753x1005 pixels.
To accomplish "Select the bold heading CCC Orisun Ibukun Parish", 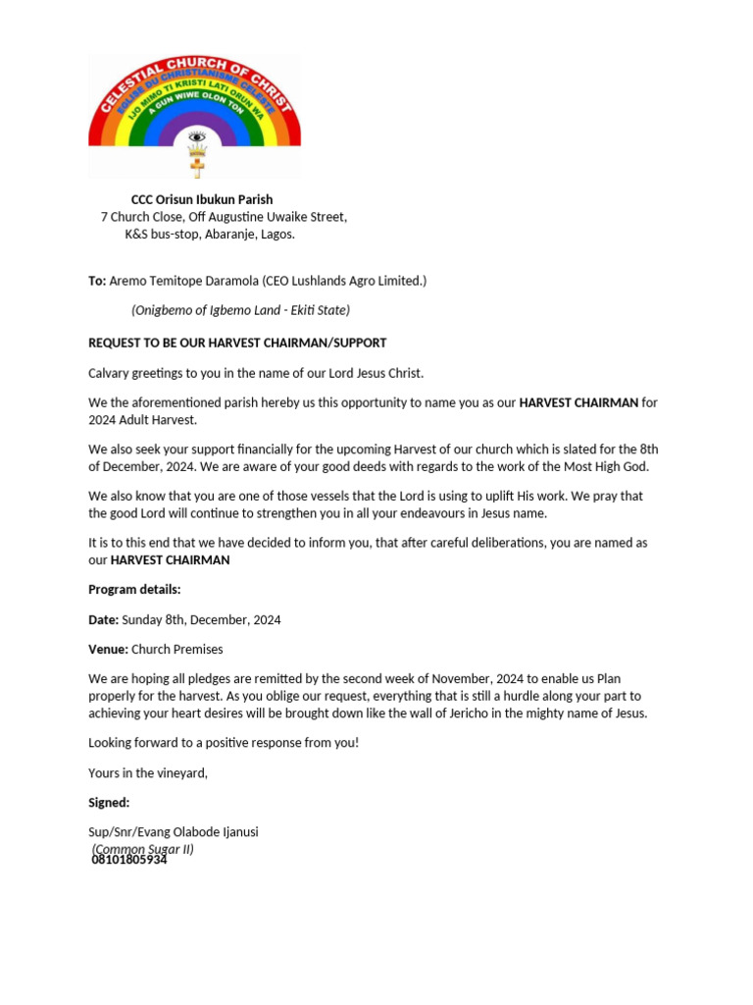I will (x=202, y=199).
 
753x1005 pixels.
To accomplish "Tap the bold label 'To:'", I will (x=97, y=281).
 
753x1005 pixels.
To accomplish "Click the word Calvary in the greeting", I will (x=110, y=373).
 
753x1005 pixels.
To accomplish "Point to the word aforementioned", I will (x=174, y=402).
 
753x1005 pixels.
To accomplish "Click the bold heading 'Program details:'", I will (x=134, y=590).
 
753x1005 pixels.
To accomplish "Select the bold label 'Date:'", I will (x=103, y=620).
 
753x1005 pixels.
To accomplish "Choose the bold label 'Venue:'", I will (x=108, y=649).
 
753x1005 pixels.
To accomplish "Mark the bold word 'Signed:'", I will (x=109, y=803).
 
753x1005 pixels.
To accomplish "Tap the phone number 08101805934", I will (x=129, y=860).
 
